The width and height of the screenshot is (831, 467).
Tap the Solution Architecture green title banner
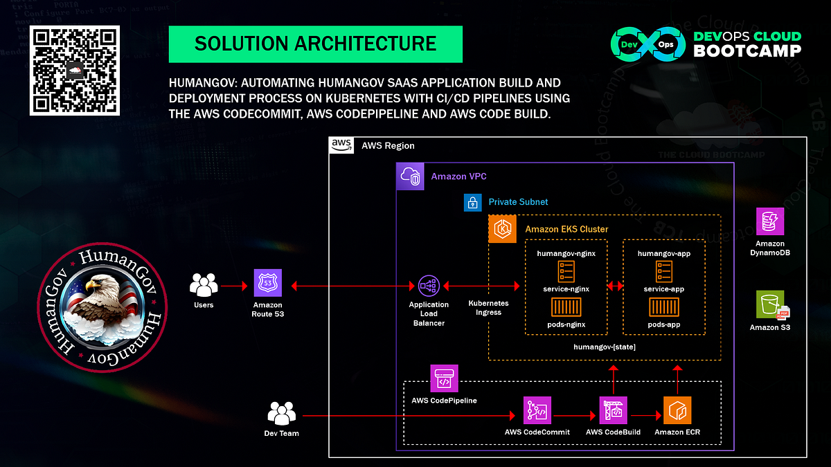(315, 44)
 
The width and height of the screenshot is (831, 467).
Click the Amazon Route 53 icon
(267, 284)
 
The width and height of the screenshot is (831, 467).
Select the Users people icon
(204, 284)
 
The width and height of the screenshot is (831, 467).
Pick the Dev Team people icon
(280, 414)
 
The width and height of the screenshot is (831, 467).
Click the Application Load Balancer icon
(429, 284)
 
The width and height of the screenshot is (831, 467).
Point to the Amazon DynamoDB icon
(770, 221)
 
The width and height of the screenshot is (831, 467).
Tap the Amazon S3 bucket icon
(770, 304)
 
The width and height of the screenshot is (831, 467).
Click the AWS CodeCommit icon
(537, 410)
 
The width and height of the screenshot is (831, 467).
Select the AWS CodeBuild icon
(613, 410)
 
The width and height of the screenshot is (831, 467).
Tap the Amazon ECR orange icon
(677, 410)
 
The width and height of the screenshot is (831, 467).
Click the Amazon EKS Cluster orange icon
(502, 229)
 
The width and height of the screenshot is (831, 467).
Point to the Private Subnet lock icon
(472, 202)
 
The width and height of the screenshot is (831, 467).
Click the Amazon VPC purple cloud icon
(410, 176)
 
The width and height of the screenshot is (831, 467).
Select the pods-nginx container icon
(566, 307)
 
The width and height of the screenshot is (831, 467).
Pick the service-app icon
(663, 271)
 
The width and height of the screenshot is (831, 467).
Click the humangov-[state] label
(605, 346)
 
